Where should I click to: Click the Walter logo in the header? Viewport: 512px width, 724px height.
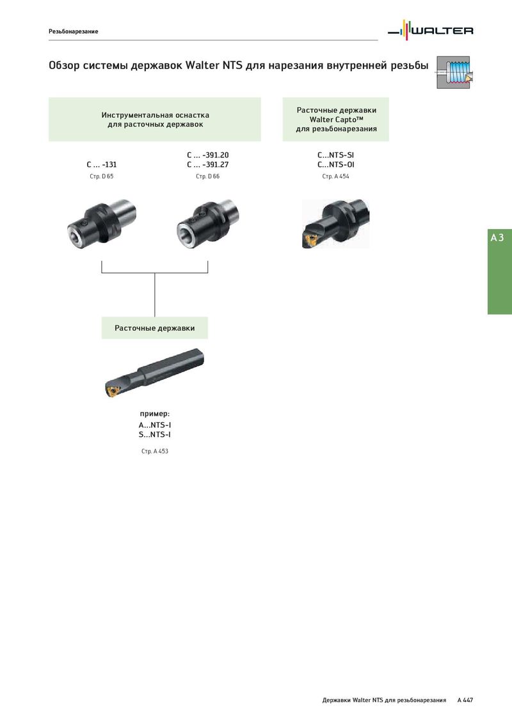coord(430,31)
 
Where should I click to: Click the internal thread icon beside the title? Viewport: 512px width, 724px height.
coord(454,72)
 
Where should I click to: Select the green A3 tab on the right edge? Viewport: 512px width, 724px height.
coord(500,271)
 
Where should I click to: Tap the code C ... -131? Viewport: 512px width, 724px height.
coord(102,164)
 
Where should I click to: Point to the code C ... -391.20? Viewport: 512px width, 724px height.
coord(207,155)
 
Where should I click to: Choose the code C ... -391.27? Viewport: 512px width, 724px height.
coord(207,164)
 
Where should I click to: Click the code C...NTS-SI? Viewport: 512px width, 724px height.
coord(335,155)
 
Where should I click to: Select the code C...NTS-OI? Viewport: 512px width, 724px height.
coord(335,164)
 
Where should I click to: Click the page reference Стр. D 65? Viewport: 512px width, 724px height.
coord(102,177)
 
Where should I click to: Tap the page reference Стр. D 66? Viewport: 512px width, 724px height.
coord(207,177)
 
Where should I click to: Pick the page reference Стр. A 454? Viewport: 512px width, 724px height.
coord(335,177)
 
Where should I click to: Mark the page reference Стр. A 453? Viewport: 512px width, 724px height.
coord(155,451)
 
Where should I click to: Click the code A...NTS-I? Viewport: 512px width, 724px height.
coord(155,425)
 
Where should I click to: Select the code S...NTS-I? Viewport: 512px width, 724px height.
coord(155,434)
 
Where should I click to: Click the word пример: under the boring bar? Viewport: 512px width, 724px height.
coord(155,414)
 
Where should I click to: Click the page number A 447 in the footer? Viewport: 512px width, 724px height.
coord(465,700)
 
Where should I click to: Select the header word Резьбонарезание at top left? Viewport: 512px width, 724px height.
coord(74,31)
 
